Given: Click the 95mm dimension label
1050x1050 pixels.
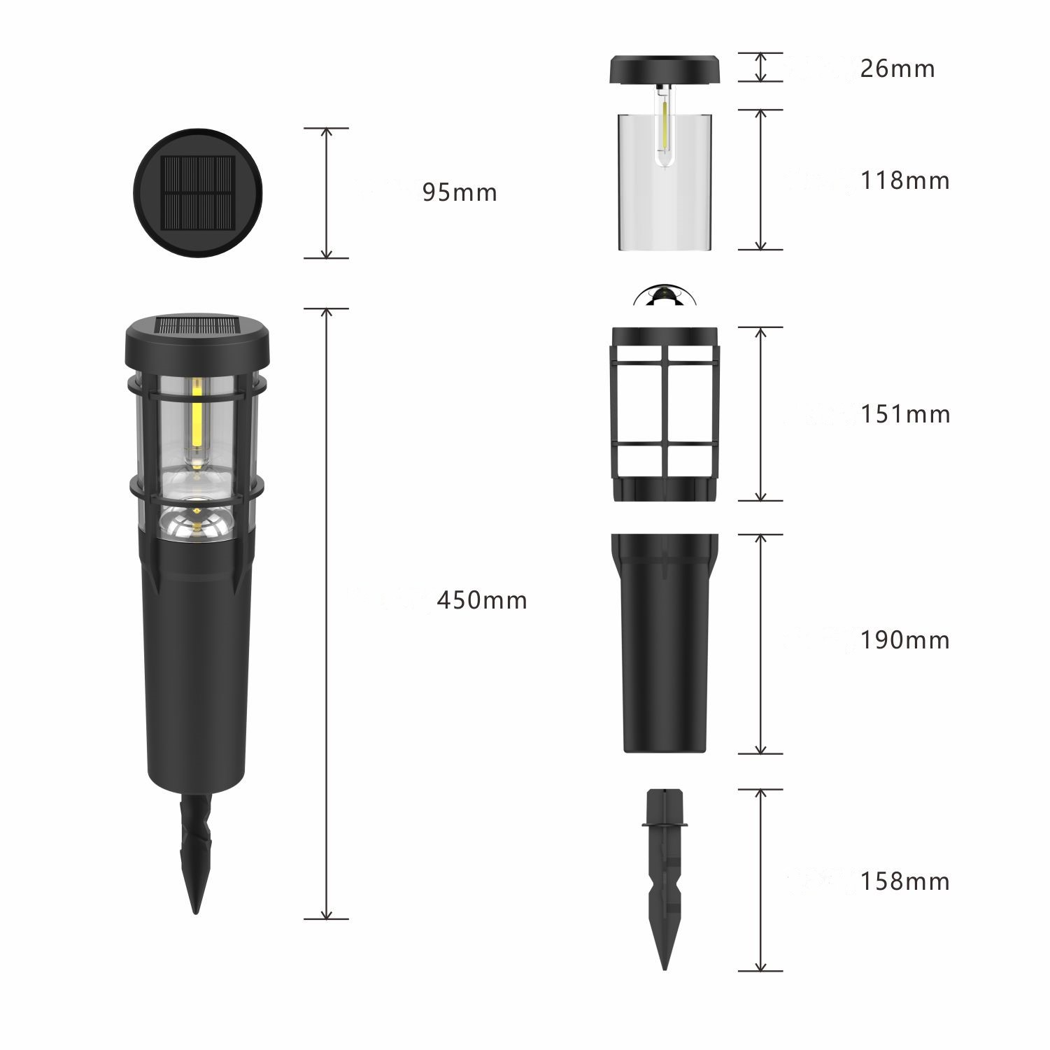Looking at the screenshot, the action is click(x=460, y=192).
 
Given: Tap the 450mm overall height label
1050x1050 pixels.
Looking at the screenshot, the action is click(x=482, y=600).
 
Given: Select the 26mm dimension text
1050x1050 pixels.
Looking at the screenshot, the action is click(x=898, y=69).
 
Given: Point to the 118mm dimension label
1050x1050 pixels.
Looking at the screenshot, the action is click(x=905, y=180).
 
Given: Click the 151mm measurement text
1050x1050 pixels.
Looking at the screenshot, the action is click(x=905, y=414).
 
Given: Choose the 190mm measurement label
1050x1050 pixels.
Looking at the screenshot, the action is click(x=905, y=640).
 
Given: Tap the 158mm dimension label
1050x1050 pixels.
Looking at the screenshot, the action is click(x=905, y=881).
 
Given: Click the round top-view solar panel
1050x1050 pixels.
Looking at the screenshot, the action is click(x=198, y=193).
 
